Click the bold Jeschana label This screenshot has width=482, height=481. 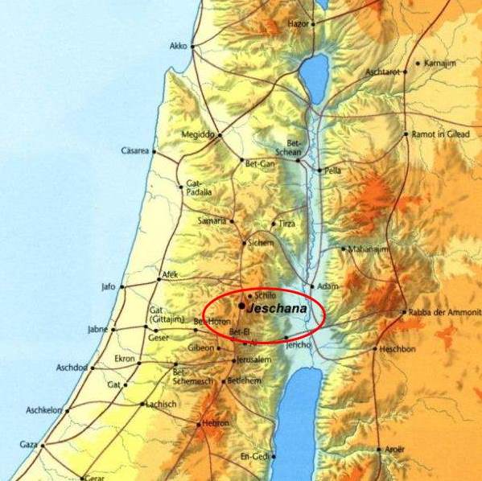278,307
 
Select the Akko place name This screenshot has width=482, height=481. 178,47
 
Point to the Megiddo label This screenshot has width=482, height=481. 198,134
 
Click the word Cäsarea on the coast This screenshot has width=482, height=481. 136,150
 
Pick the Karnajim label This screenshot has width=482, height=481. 440,62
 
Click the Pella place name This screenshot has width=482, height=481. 332,171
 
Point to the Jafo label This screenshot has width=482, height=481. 109,286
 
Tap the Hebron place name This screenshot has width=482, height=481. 215,423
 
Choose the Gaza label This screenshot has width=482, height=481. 28,444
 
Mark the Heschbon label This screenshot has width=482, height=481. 399,349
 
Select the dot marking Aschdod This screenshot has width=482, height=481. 93,368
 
